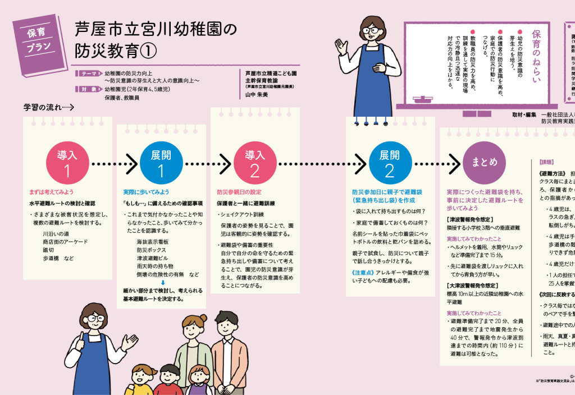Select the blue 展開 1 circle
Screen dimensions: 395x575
click(x=159, y=162)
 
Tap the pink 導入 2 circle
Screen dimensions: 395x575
click(x=254, y=162)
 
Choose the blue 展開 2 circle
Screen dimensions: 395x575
click(x=390, y=162)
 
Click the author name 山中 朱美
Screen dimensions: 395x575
click(x=258, y=95)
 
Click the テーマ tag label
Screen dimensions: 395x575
click(x=89, y=74)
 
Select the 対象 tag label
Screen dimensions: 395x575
click(x=89, y=89)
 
